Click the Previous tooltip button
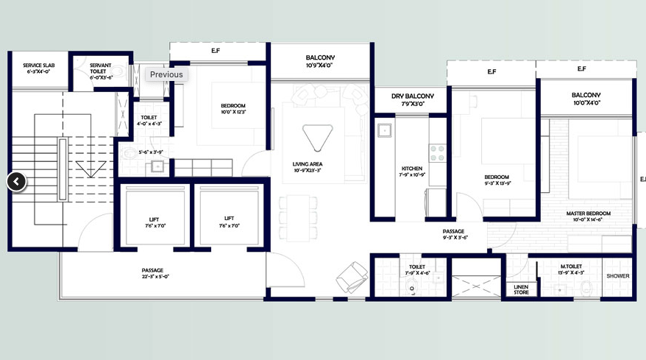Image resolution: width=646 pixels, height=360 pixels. tap(166, 74)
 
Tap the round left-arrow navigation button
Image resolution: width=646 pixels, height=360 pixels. tap(17, 182)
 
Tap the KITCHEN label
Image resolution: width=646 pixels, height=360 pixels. tap(412, 171)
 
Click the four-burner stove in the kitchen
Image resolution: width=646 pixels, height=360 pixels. tap(437, 153)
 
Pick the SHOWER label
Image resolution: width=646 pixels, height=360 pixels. tap(617, 276)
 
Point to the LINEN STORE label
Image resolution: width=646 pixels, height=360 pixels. tap(520, 289)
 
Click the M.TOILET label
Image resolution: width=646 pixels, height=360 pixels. tap(572, 269)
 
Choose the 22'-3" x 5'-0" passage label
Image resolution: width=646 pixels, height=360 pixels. tap(153, 273)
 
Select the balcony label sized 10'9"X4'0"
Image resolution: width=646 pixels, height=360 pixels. tap(320, 61)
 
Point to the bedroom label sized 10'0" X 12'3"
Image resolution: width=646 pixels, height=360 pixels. tap(233, 108)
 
